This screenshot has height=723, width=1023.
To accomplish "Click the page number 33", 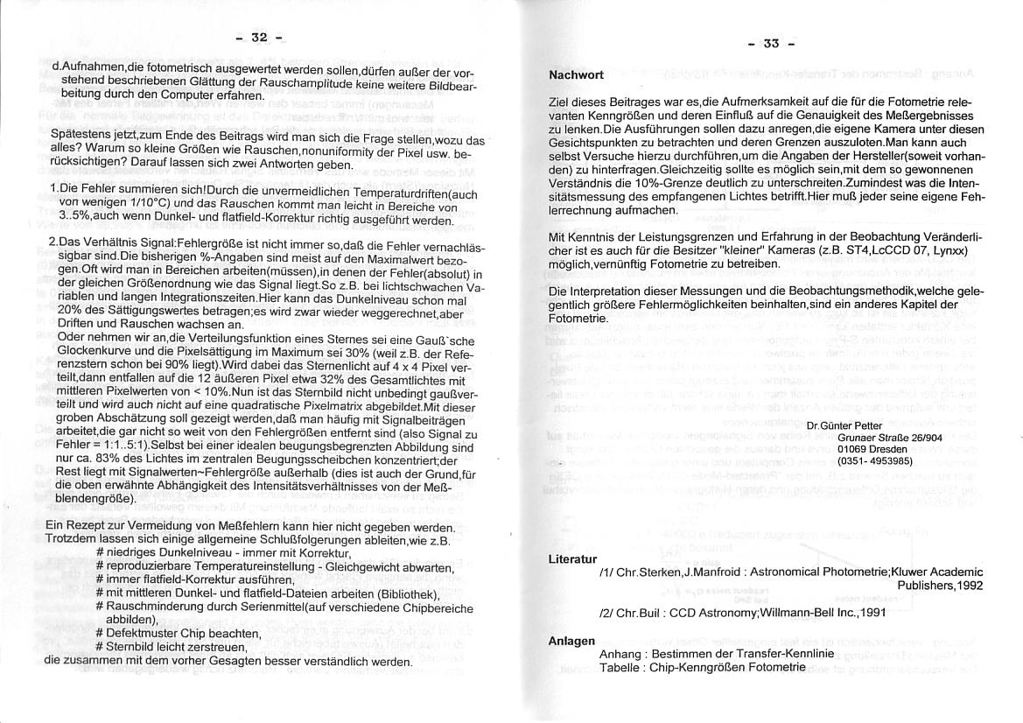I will pyautogui.click(x=770, y=43).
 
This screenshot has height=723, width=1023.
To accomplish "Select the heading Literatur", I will pyautogui.click(x=572, y=558).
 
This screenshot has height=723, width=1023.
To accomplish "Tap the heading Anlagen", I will pyautogui.click(x=571, y=641).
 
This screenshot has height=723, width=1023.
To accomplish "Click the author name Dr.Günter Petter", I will pyautogui.click(x=844, y=425).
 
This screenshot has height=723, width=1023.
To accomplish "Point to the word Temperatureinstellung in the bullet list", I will pyautogui.click(x=220, y=567).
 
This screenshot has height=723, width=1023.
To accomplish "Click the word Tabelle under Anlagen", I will pyautogui.click(x=621, y=667).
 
